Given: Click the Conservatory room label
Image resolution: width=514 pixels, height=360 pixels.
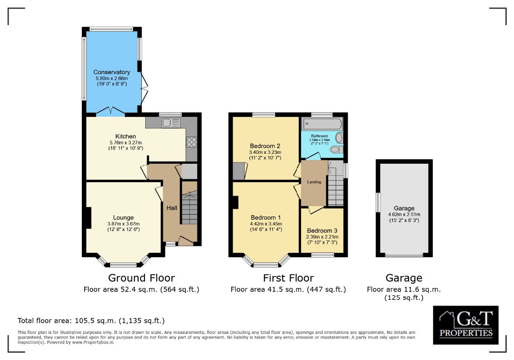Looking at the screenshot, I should click(x=111, y=72).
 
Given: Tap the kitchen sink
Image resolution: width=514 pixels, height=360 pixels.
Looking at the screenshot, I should click(x=171, y=123).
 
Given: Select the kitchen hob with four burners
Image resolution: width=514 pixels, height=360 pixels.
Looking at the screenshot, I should click(x=191, y=142).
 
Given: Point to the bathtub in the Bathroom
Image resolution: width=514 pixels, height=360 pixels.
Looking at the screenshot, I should click(x=322, y=125).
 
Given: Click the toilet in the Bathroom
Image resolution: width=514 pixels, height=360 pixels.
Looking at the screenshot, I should click(x=336, y=150).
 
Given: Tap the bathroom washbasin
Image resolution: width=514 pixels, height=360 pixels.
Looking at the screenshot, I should click(x=339, y=138).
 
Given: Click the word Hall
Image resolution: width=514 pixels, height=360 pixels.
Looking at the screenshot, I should click(x=172, y=208).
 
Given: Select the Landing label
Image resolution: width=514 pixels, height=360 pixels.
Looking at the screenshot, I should click(x=314, y=182).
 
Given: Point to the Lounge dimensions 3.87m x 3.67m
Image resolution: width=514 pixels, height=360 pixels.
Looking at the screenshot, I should click(x=123, y=224).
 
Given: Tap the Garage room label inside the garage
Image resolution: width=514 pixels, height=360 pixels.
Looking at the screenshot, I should click(x=404, y=208).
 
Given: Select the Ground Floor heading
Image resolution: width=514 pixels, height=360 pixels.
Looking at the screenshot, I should click(x=141, y=278).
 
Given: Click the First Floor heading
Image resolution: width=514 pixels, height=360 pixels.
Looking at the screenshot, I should click(x=288, y=278).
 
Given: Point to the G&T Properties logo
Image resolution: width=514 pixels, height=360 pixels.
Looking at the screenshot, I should click(x=466, y=325).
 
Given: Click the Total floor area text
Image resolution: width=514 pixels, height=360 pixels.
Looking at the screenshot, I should click(x=91, y=321).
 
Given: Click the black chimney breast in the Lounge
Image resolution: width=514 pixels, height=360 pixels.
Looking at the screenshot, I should click(x=88, y=218).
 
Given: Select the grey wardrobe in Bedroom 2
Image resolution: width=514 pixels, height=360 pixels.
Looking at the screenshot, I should click(x=238, y=171).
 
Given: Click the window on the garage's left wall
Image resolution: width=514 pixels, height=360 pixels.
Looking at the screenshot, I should click(x=377, y=202).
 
